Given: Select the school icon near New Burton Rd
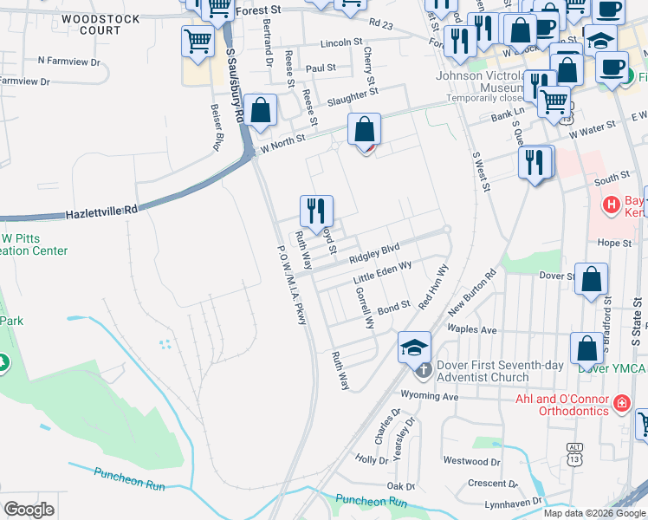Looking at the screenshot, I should click(414, 348).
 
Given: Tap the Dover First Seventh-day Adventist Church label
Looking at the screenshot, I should click(483, 371).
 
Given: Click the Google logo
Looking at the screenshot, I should click(29, 509).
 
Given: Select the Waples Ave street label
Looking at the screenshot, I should click(471, 330).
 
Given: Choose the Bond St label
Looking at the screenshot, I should click(392, 308).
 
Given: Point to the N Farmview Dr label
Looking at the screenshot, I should click(69, 62).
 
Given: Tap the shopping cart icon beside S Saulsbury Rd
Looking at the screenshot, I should click(198, 40).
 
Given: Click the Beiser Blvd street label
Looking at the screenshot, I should click(217, 127).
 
